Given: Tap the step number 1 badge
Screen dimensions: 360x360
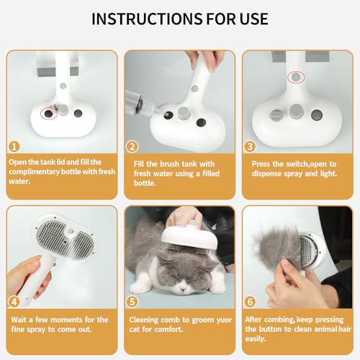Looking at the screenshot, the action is (14, 146).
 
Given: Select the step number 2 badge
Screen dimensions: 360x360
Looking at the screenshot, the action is (132, 146).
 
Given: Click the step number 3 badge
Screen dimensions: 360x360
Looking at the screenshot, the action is (250, 146).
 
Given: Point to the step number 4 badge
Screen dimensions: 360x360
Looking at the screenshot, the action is (14, 302).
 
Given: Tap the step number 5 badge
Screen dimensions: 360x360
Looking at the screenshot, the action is (132, 302).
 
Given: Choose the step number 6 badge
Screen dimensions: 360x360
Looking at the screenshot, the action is (250, 302).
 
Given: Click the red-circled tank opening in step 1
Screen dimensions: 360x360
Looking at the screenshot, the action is (49, 114).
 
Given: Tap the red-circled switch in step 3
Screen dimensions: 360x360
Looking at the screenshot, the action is (296, 77).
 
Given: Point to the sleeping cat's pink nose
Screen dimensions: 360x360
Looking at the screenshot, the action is (183, 289).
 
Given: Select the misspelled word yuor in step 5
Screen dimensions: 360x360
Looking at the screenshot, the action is (222, 320).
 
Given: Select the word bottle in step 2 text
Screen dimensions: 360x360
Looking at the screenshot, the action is (144, 183).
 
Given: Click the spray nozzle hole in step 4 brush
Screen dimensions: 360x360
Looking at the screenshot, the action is (71, 232).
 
